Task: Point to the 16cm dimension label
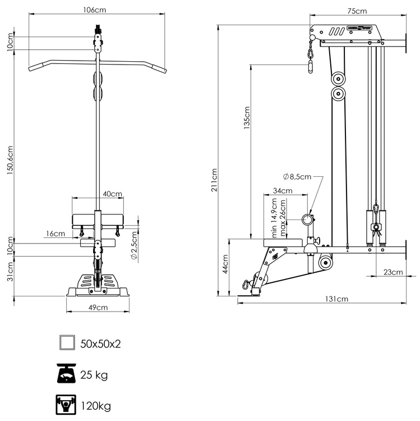coord(56,233)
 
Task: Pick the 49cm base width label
coord(98,307)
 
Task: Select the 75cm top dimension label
coord(357,11)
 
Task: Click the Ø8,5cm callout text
coord(297,177)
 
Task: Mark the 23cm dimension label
coord(393,272)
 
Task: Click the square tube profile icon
coord(67,342)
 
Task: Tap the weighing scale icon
coord(67,373)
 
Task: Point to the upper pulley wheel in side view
coord(338,79)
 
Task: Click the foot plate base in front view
coord(98,285)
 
